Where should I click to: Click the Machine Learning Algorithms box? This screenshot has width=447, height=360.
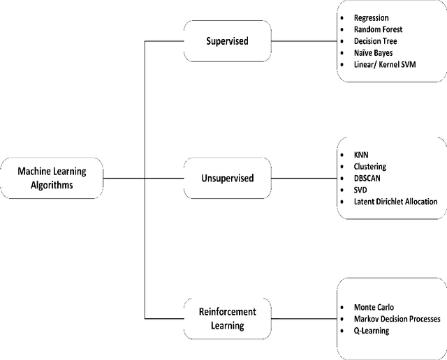(x=52, y=177)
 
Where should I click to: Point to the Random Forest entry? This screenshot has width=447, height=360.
(x=379, y=29)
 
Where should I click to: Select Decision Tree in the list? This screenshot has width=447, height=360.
(x=376, y=41)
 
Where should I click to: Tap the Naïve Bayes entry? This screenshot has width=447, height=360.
(x=374, y=53)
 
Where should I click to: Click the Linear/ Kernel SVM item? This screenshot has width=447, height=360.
(x=390, y=65)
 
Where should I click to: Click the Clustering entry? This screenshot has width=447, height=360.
(x=370, y=166)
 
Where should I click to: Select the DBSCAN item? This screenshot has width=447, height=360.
(x=369, y=178)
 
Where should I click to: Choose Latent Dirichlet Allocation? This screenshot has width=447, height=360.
(x=396, y=202)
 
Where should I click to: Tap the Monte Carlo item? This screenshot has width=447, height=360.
(x=374, y=307)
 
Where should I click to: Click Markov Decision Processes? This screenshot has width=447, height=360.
(x=397, y=319)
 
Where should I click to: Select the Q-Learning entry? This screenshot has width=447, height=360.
(x=372, y=331)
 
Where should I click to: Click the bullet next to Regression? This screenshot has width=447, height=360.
(x=340, y=17)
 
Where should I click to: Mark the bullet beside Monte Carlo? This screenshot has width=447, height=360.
(x=340, y=307)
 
